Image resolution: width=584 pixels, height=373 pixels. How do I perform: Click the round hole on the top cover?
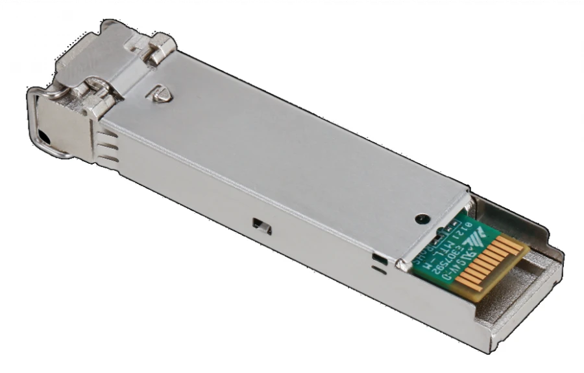pos(422,218)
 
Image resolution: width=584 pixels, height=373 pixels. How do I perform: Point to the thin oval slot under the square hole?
pos(380,272)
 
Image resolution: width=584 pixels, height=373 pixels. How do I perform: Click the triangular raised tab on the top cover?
pos(162,92)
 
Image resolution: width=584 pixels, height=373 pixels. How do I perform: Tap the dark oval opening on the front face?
pos(43,137)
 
